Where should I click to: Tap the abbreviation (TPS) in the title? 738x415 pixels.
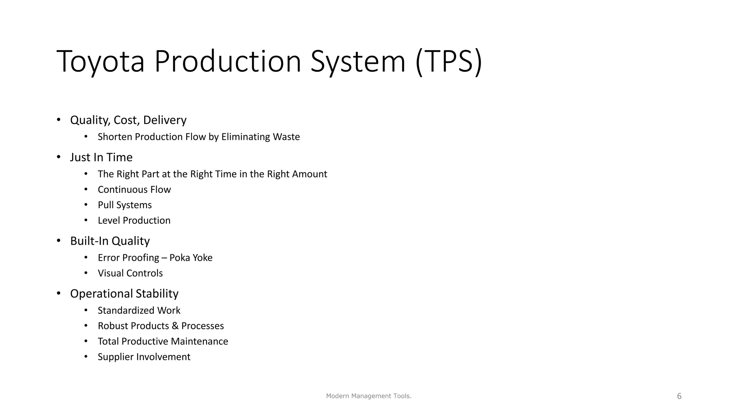[x=449, y=62]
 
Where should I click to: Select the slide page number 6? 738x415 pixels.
[x=679, y=396]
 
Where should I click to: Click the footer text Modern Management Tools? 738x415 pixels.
[x=369, y=396]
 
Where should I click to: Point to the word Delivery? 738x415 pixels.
[x=165, y=120]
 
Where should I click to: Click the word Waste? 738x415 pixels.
[x=286, y=137]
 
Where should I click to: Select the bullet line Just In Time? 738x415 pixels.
[x=101, y=157]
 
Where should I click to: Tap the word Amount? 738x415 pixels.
[x=309, y=174]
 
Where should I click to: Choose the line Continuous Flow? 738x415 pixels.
[x=134, y=189]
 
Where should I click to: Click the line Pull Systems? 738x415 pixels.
[x=125, y=205]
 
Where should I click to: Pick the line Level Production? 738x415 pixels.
[x=134, y=220]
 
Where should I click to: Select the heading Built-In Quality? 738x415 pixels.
[x=110, y=241]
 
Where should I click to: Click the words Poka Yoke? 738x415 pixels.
[x=191, y=258]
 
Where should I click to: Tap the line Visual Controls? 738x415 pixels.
[x=130, y=273]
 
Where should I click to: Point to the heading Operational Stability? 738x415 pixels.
[x=124, y=294]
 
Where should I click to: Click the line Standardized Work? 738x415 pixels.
[x=139, y=311]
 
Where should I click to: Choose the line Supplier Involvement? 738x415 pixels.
[x=144, y=357]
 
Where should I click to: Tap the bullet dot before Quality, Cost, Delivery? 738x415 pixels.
[x=58, y=120]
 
